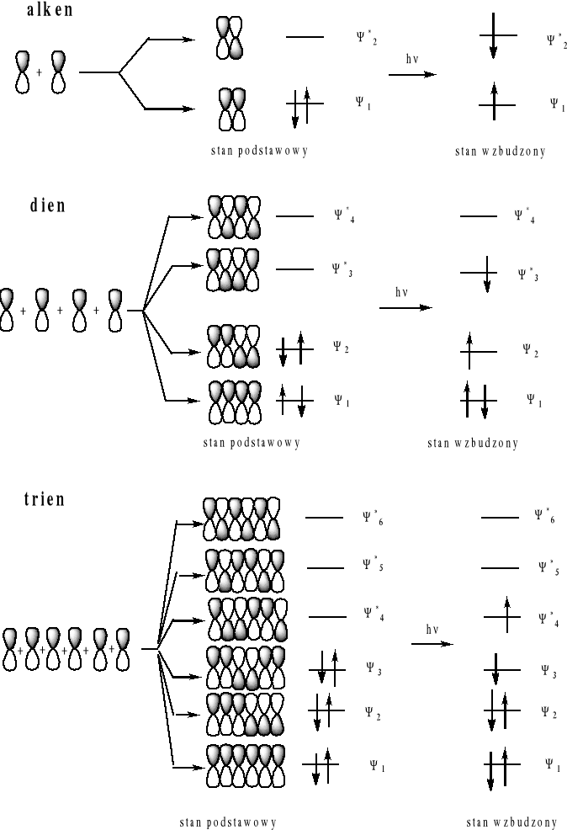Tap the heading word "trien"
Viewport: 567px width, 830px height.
[x=44, y=498]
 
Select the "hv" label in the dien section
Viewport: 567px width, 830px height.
[x=402, y=292]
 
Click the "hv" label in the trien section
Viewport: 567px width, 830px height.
[x=433, y=629]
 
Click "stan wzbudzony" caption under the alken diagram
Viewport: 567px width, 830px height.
[x=501, y=152]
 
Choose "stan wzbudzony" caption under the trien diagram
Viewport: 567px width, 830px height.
[x=512, y=822]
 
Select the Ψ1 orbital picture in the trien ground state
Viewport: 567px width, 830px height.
[x=244, y=765]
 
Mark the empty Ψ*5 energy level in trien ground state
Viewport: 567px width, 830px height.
[x=325, y=568]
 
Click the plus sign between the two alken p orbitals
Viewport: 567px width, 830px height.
[x=39, y=72]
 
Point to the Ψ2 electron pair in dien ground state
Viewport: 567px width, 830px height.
[x=294, y=348]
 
